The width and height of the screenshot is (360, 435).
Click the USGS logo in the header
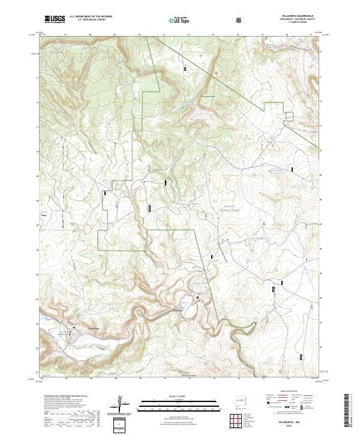click(x=55, y=20)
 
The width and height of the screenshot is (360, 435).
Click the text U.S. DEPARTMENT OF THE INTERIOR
click(x=91, y=17)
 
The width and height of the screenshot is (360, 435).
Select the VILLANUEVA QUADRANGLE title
click(x=297, y=16)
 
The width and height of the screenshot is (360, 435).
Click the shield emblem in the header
click(x=239, y=20)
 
